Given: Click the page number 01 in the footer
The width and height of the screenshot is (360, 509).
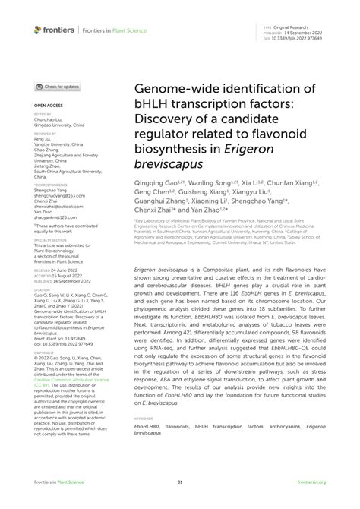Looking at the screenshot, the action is [180, 482].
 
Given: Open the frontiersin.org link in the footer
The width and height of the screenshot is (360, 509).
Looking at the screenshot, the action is [312, 482].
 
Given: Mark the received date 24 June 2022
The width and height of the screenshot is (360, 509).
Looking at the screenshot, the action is [65, 269].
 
